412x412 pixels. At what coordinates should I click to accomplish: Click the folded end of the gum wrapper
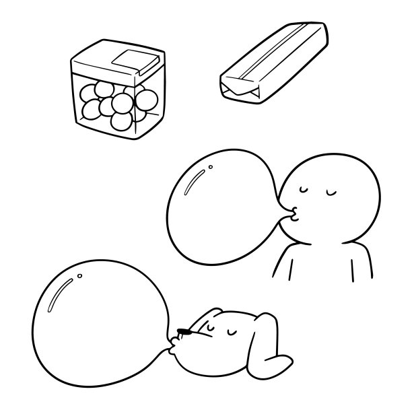240,88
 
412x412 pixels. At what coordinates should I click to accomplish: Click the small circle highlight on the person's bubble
211,167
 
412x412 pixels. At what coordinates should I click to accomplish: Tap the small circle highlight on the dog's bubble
80,275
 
